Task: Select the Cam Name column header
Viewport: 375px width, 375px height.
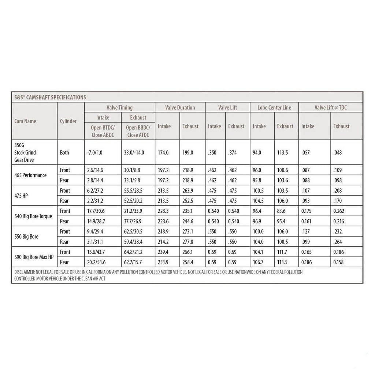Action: point(25,121)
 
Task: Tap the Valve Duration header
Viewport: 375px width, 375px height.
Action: point(180,108)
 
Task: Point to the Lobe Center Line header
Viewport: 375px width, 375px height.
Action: point(274,108)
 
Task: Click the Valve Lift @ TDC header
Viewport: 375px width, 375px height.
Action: point(330,108)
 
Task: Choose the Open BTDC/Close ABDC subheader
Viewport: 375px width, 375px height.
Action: point(102,131)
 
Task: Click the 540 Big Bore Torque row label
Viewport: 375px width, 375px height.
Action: point(33,216)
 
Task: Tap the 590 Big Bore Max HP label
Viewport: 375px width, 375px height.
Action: point(34,257)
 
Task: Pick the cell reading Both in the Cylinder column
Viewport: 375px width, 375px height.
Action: point(64,152)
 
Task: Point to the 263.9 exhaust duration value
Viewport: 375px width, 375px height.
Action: point(189,190)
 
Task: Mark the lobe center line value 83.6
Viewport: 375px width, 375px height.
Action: point(282,211)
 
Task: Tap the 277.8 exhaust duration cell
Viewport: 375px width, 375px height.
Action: point(189,242)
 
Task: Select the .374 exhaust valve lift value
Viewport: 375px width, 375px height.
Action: point(233,152)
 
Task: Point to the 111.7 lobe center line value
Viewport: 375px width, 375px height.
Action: point(283,252)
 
